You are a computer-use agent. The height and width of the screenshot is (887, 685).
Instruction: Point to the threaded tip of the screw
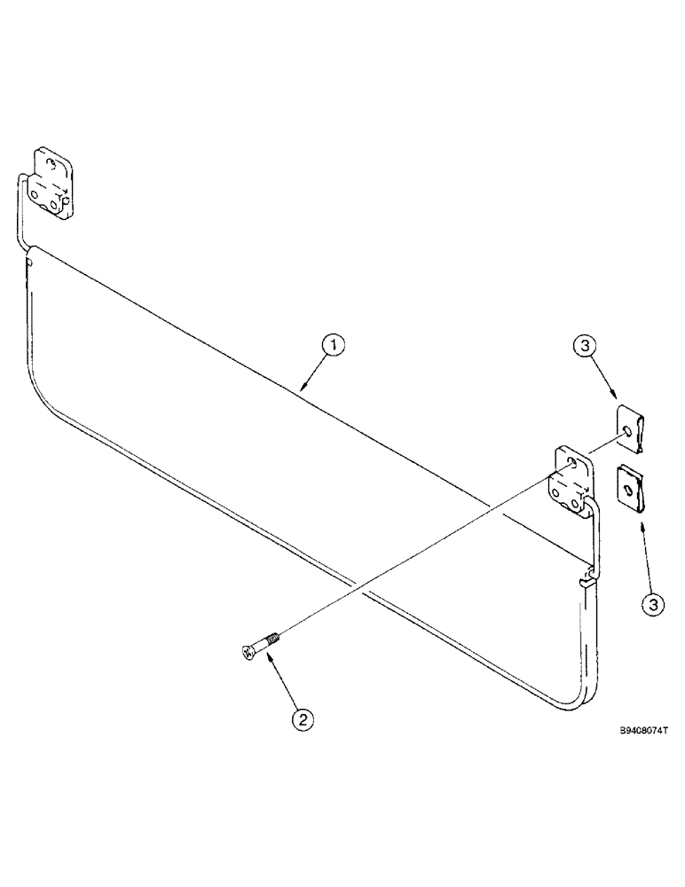(x=274, y=634)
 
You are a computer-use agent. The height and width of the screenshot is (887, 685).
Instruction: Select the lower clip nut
(x=632, y=485)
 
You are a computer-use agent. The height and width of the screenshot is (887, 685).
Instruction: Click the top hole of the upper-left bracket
(x=54, y=163)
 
